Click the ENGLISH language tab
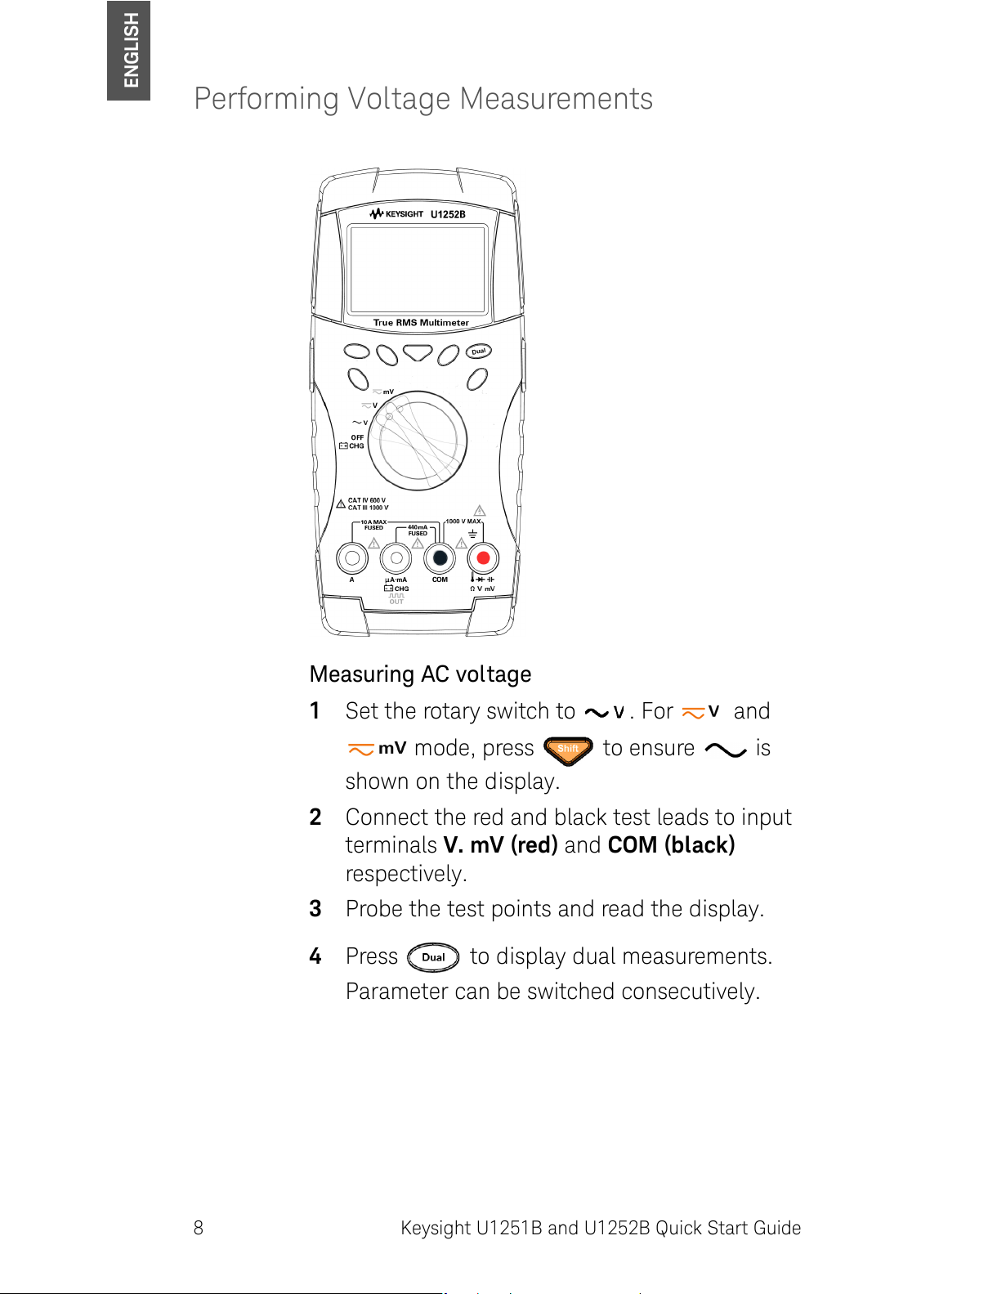click(128, 50)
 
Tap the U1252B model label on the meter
click(448, 214)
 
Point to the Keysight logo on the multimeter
click(396, 214)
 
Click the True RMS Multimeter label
click(421, 323)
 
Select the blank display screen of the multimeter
click(418, 269)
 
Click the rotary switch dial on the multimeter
click(418, 441)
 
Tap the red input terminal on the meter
click(483, 558)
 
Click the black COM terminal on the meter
click(440, 558)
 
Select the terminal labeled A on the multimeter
click(352, 558)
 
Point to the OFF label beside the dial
click(357, 437)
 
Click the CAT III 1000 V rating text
click(368, 508)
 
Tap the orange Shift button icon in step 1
click(568, 749)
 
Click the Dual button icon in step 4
click(433, 957)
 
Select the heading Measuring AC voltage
click(420, 674)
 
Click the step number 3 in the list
click(315, 909)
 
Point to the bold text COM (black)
click(672, 845)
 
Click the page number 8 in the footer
click(199, 1228)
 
